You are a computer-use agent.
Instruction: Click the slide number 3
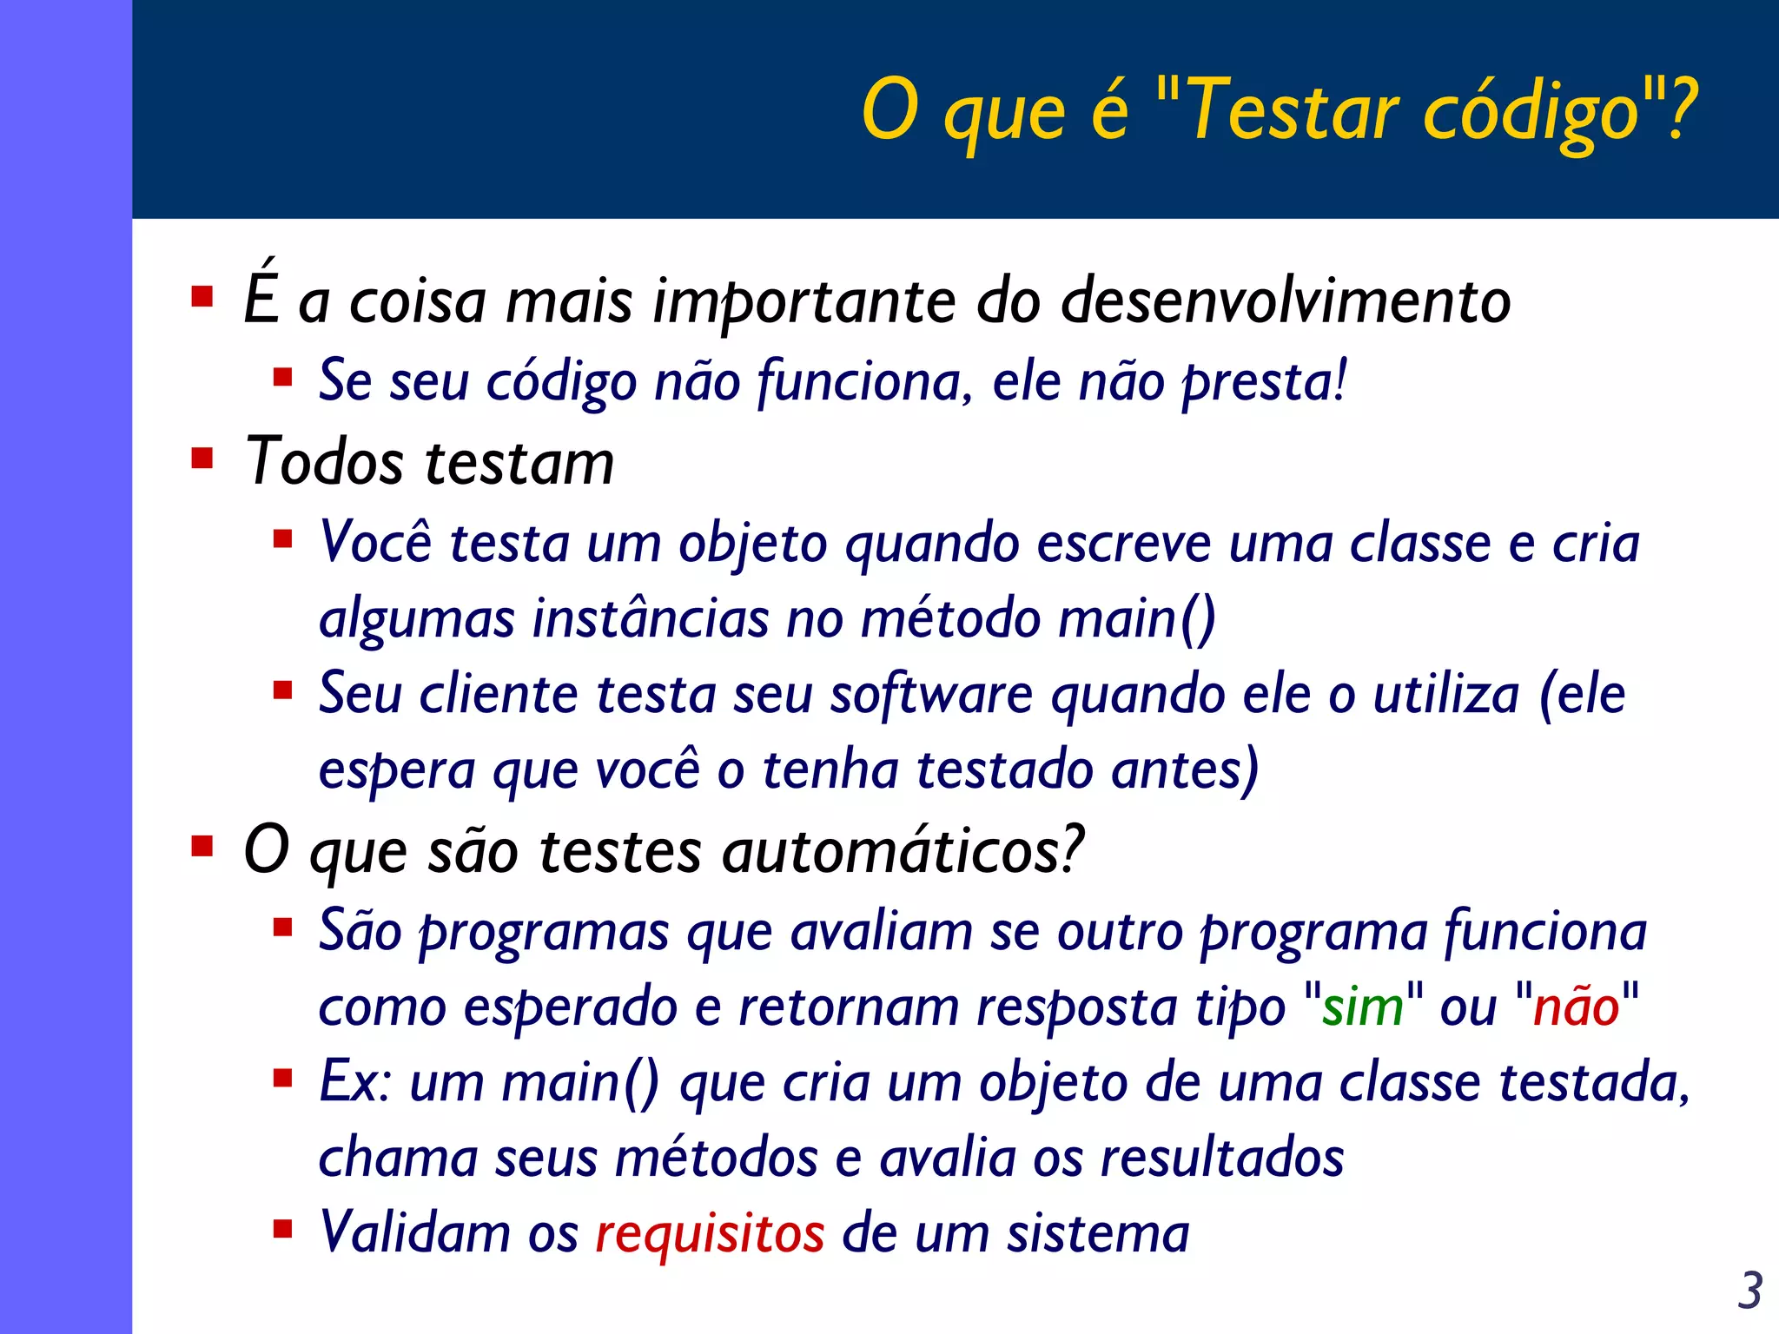(1749, 1291)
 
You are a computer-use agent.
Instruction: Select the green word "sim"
(1362, 1007)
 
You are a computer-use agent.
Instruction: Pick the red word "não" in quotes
(1576, 1007)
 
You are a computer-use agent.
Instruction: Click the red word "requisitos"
(710, 1234)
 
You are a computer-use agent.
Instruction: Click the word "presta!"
(1264, 382)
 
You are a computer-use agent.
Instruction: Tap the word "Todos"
(324, 461)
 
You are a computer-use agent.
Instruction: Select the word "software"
(931, 696)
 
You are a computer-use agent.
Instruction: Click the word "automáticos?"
(903, 850)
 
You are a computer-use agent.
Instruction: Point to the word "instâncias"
(651, 619)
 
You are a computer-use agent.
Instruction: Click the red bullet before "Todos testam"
(202, 458)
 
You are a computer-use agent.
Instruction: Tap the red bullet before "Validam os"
(282, 1229)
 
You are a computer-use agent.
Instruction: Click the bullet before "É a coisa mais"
(202, 297)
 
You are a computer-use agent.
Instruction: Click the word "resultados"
(1222, 1159)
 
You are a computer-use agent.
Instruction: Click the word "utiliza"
(1446, 695)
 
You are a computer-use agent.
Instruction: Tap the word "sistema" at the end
(1098, 1234)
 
